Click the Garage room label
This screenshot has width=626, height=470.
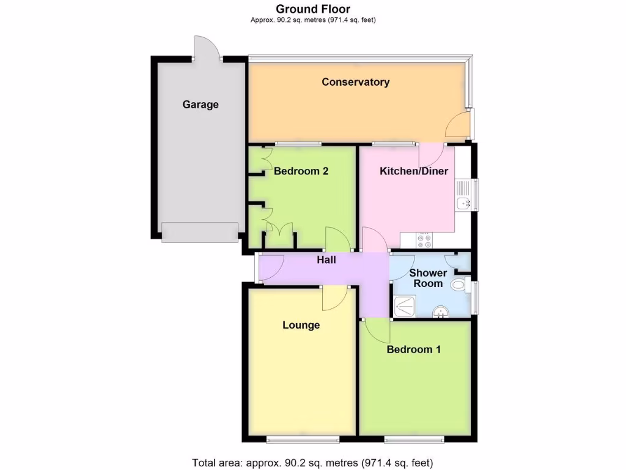pos(200,105)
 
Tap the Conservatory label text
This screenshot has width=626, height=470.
pos(355,82)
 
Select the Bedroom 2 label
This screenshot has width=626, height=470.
pos(301,171)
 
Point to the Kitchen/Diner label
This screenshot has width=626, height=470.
pos(414,171)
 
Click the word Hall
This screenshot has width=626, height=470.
pos(326,260)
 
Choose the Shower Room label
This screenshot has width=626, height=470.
pos(428,278)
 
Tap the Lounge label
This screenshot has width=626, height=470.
pos(301,325)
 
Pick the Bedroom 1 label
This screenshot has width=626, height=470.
pos(414,349)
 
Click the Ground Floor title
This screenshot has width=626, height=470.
pos(313,9)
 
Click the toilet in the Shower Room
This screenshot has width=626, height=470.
pos(459,285)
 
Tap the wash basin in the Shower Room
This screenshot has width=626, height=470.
pos(440,313)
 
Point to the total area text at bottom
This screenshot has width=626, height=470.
pos(312,462)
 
